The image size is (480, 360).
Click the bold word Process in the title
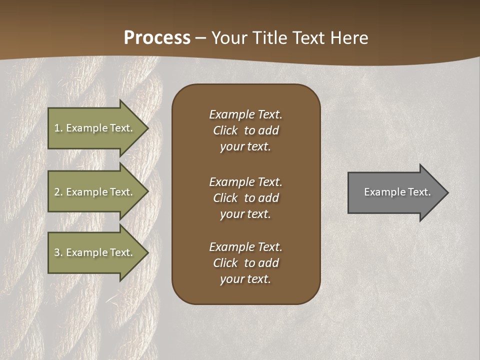[157, 38]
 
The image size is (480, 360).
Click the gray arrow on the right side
[395, 192]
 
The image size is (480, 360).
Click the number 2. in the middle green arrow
[58, 192]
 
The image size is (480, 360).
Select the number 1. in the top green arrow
[58, 128]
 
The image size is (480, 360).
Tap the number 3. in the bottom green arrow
[58, 252]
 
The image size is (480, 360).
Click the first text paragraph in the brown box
[245, 130]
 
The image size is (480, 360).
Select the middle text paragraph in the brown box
[245, 198]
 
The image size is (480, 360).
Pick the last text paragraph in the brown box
[245, 263]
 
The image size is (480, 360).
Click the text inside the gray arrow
[397, 192]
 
